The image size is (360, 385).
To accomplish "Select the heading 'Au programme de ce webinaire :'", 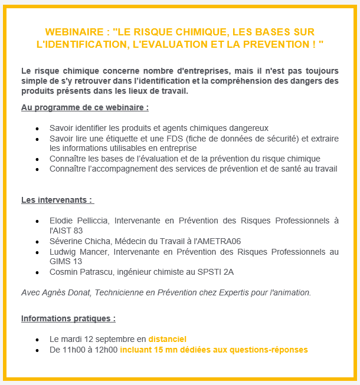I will [84, 108].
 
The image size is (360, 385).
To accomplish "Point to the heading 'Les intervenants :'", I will [57, 200].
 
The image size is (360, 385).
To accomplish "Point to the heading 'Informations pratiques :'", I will [68, 318].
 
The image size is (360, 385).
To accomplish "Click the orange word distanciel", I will [167, 339].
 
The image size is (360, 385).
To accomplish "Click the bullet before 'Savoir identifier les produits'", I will [37, 129].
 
